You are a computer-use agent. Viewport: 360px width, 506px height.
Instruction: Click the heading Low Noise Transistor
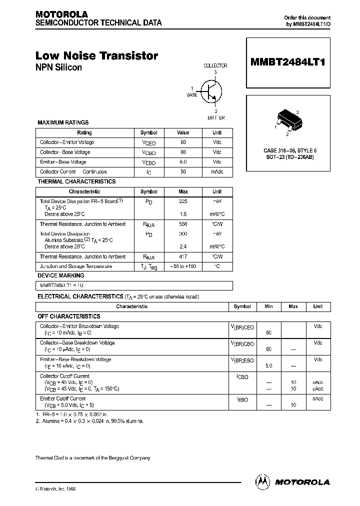pyautogui.click(x=97, y=56)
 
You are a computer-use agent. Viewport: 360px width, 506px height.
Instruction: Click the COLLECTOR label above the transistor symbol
pyautogui.click(x=215, y=65)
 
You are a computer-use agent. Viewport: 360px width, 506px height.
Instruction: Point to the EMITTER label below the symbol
pyautogui.click(x=215, y=117)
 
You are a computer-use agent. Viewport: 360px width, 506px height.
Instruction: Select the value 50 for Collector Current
pyautogui.click(x=183, y=172)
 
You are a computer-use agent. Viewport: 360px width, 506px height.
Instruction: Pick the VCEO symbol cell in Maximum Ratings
pyautogui.click(x=148, y=142)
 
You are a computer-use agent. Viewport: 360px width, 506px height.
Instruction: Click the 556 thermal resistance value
pyautogui.click(x=183, y=224)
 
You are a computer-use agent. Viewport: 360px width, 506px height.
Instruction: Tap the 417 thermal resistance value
pyautogui.click(x=183, y=256)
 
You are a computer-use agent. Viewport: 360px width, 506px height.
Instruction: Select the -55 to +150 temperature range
pyautogui.click(x=183, y=266)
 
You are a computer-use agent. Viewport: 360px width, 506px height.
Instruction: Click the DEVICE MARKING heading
pyautogui.click(x=61, y=275)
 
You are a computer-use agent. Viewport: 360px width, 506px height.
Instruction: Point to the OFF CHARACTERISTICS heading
pyautogui.click(x=69, y=316)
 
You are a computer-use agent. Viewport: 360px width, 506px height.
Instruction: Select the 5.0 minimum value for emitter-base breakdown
pyautogui.click(x=268, y=366)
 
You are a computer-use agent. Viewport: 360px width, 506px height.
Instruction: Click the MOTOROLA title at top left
pyautogui.click(x=61, y=14)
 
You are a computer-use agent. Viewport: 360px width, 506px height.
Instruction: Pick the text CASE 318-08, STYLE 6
pyautogui.click(x=290, y=150)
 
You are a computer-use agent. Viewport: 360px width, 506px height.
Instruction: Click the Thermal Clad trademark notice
pyautogui.click(x=93, y=458)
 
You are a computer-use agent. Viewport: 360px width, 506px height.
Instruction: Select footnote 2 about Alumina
pyautogui.click(x=89, y=421)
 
